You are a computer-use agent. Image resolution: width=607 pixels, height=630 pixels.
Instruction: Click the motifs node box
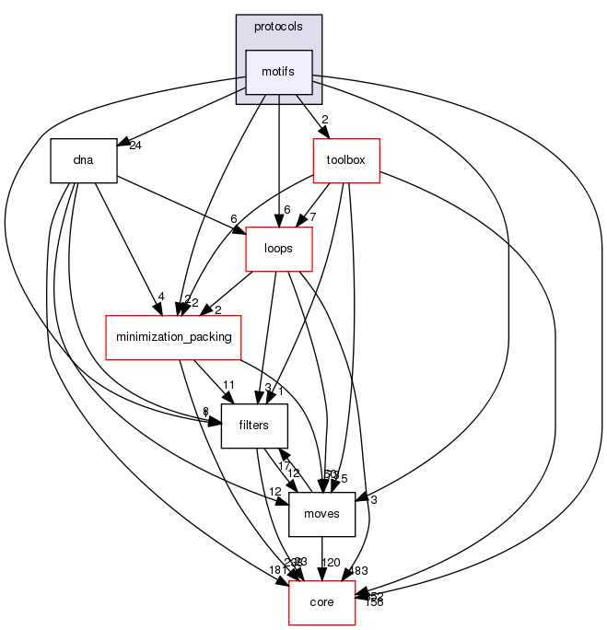pos(279,72)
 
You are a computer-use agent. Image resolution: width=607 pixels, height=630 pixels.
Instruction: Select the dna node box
pos(83,159)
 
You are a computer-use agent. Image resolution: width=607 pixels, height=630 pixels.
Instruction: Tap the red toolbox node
pos(346,160)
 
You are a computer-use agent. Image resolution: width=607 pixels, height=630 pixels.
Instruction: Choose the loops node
pos(279,248)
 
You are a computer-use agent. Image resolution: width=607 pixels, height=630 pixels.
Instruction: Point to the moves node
pos(321,513)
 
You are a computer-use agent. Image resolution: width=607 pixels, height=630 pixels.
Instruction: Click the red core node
pos(321,601)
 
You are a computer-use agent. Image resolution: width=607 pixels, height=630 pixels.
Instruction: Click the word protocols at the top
pos(278,27)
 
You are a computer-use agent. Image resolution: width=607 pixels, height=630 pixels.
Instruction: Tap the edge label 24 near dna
pos(134,146)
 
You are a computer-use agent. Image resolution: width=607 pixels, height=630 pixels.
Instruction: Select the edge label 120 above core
pos(330,562)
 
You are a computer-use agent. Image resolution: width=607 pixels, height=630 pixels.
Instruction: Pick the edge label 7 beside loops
pos(313,217)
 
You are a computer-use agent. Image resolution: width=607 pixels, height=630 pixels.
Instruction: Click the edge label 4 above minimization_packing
pos(160,297)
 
